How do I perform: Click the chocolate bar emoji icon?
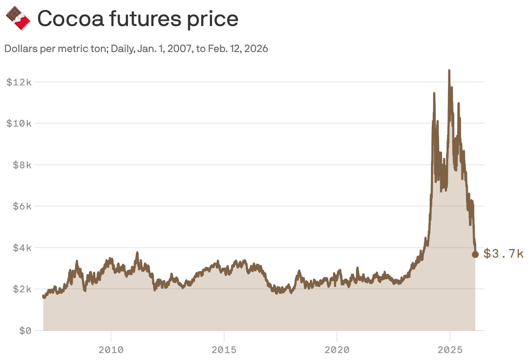point(18,18)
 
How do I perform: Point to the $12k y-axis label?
point(19,82)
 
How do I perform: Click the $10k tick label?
point(19,123)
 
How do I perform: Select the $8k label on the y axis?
point(21,165)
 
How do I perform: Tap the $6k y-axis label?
point(21,206)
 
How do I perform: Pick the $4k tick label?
point(21,248)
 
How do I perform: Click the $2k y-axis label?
point(21,289)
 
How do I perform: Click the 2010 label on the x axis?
point(111,350)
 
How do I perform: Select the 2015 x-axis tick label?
point(224,350)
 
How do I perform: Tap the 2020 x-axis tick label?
point(337,350)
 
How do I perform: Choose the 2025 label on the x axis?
point(450,350)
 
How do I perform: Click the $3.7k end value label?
point(503,254)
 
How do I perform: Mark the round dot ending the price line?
point(475,255)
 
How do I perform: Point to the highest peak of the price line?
point(449,70)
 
